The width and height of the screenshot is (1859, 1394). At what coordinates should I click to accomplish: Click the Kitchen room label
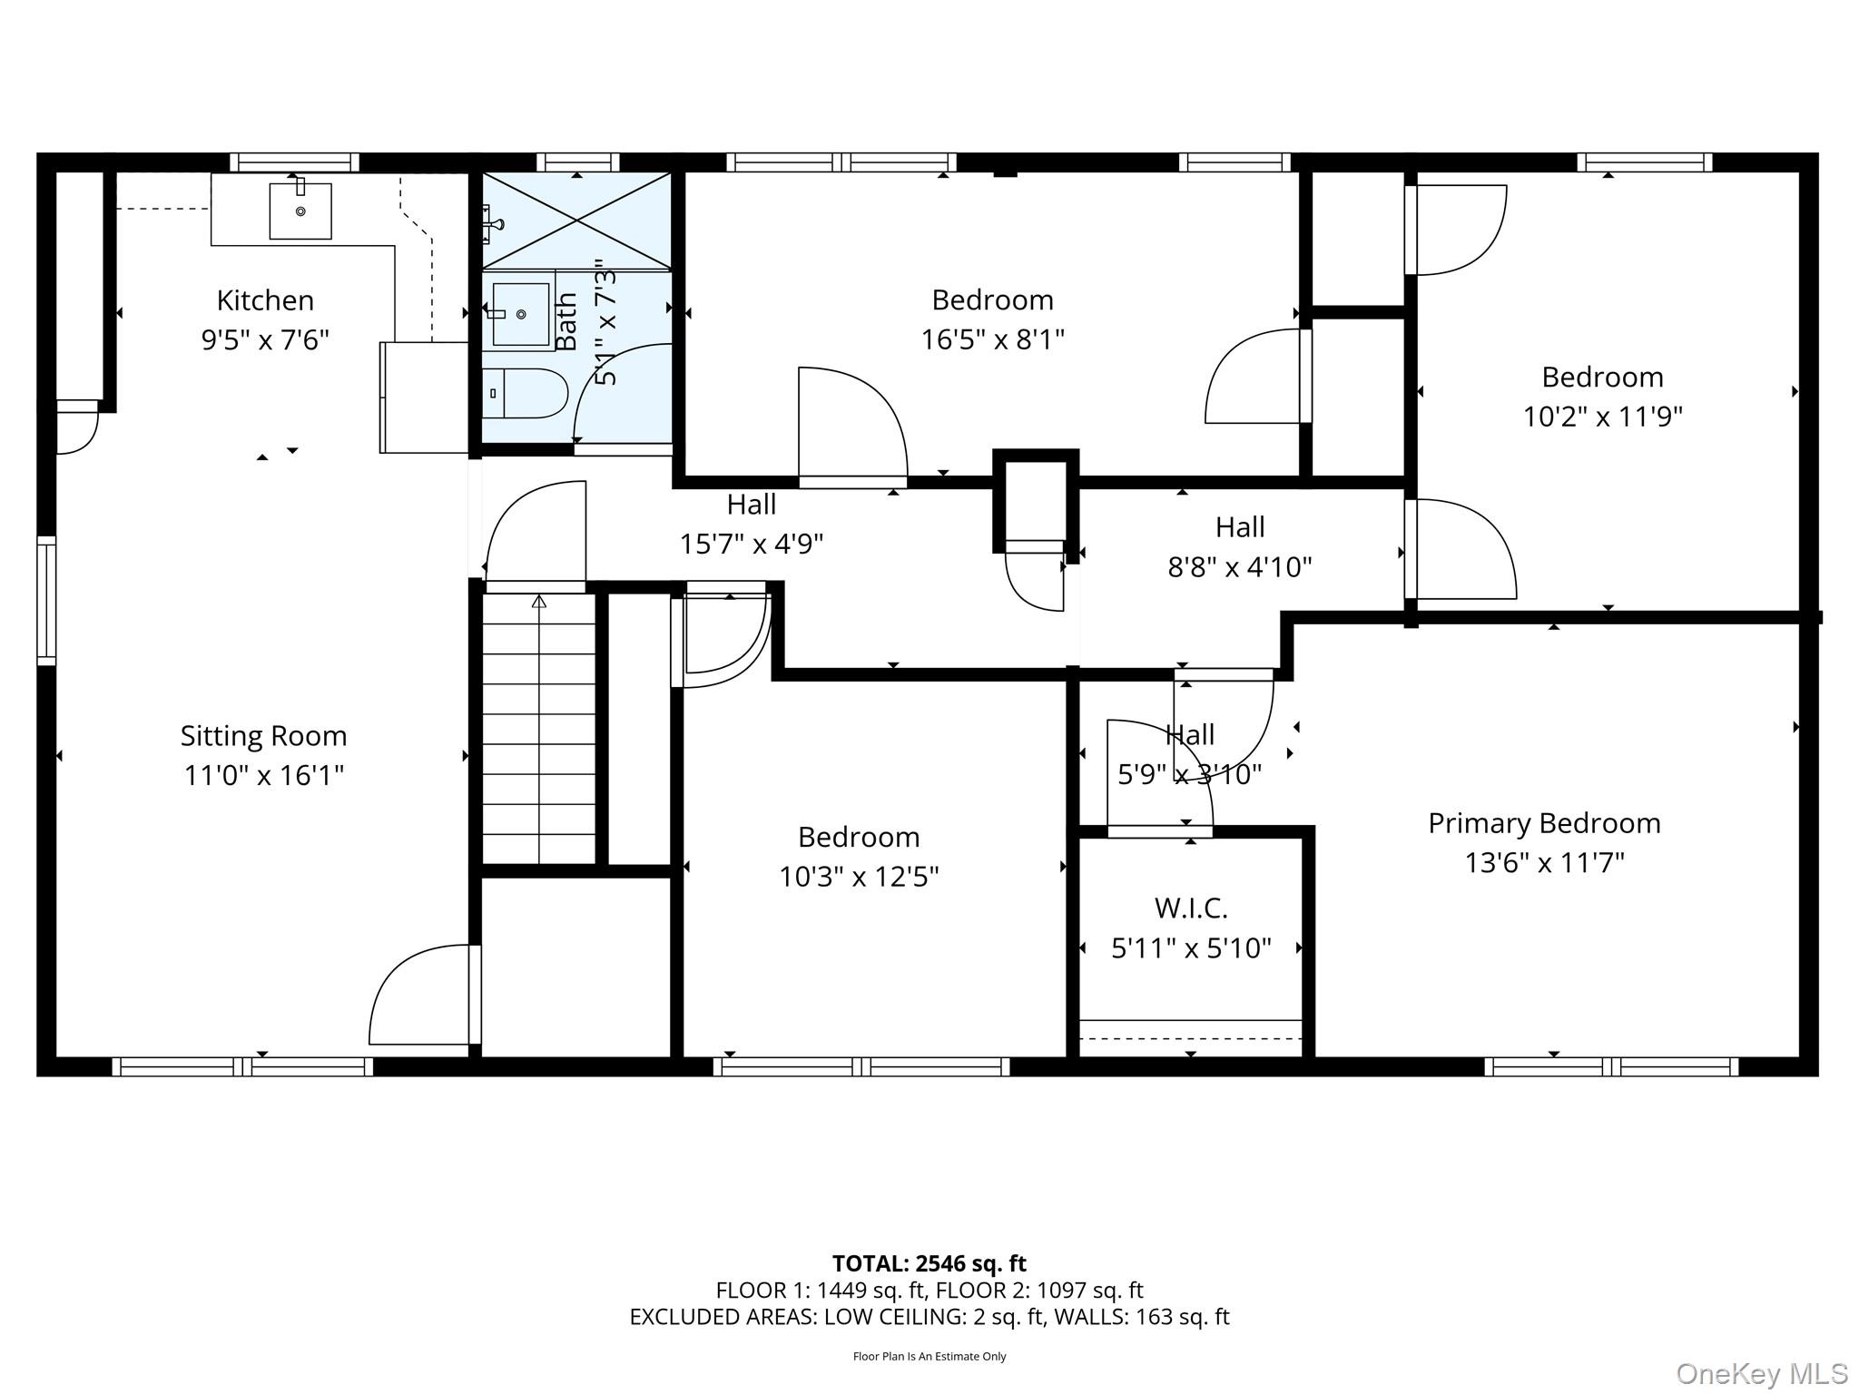[x=265, y=300]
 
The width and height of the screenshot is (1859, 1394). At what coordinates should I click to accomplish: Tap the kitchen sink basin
[x=300, y=211]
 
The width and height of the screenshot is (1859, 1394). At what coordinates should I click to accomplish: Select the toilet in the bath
[x=526, y=393]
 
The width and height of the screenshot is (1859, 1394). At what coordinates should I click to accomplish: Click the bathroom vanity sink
[x=520, y=314]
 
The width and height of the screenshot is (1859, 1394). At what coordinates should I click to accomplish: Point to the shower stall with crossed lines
[x=577, y=221]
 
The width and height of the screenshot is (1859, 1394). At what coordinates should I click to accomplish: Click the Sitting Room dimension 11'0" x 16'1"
[x=264, y=776]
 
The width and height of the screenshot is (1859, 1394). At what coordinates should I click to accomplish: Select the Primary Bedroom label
[x=1544, y=823]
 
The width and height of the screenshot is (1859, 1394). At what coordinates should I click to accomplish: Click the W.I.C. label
[x=1191, y=908]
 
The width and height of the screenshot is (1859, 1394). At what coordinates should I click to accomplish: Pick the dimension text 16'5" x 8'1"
[x=992, y=339]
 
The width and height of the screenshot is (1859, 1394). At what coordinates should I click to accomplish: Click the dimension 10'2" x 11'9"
[x=1602, y=417]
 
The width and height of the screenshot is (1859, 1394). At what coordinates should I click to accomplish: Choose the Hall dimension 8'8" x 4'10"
[x=1239, y=567]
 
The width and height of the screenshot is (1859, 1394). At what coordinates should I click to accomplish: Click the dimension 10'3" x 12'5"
[x=859, y=877]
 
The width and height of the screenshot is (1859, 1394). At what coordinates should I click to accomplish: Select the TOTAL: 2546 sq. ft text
[x=929, y=1263]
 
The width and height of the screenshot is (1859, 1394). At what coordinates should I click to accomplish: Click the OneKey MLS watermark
[x=1761, y=1374]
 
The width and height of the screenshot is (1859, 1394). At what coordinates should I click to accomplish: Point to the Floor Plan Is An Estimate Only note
[x=929, y=1356]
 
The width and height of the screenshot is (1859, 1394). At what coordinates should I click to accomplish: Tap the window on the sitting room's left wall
[x=46, y=601]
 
